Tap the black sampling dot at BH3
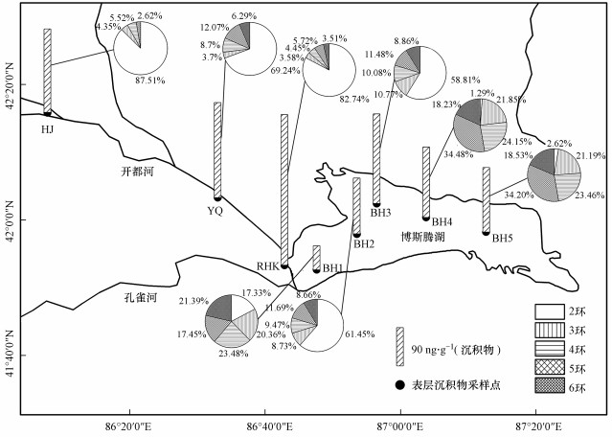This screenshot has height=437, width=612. click(x=376, y=204)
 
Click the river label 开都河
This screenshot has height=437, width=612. click(x=138, y=172)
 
